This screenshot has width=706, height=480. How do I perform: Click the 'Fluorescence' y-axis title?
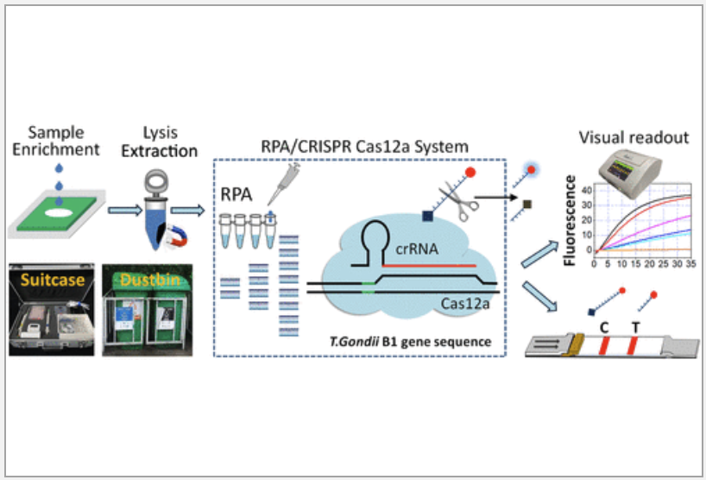click(x=570, y=220)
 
